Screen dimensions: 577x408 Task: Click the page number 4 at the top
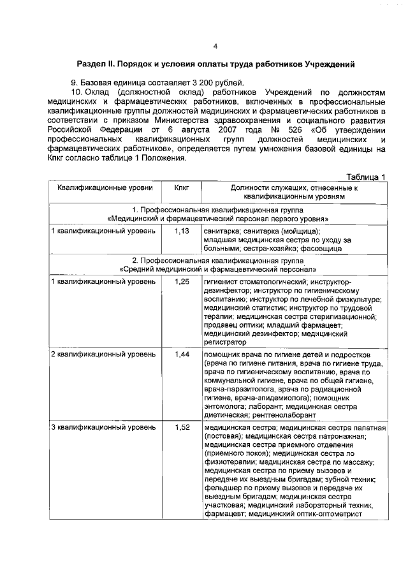click(x=215, y=47)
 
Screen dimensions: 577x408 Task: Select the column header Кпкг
click(x=183, y=188)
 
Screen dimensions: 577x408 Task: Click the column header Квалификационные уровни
click(x=105, y=188)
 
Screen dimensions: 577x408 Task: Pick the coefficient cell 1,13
click(x=183, y=230)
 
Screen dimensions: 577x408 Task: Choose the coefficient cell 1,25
click(x=183, y=281)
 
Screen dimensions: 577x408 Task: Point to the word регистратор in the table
click(x=224, y=342)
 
